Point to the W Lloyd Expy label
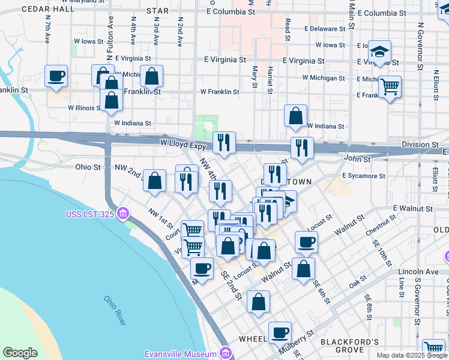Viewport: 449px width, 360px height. [x=182, y=145]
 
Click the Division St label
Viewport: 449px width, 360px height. [x=420, y=145]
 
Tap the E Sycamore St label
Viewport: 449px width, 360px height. [x=363, y=176]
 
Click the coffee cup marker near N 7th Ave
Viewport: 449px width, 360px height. [x=56, y=76]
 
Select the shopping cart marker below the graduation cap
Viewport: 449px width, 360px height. [x=390, y=86]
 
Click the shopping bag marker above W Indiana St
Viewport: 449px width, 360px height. [x=295, y=116]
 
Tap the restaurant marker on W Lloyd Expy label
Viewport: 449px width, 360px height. [x=224, y=143]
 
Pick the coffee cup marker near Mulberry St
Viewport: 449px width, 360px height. [x=279, y=332]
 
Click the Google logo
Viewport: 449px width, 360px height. [x=20, y=353]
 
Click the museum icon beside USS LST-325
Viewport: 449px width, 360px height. [x=123, y=214]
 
